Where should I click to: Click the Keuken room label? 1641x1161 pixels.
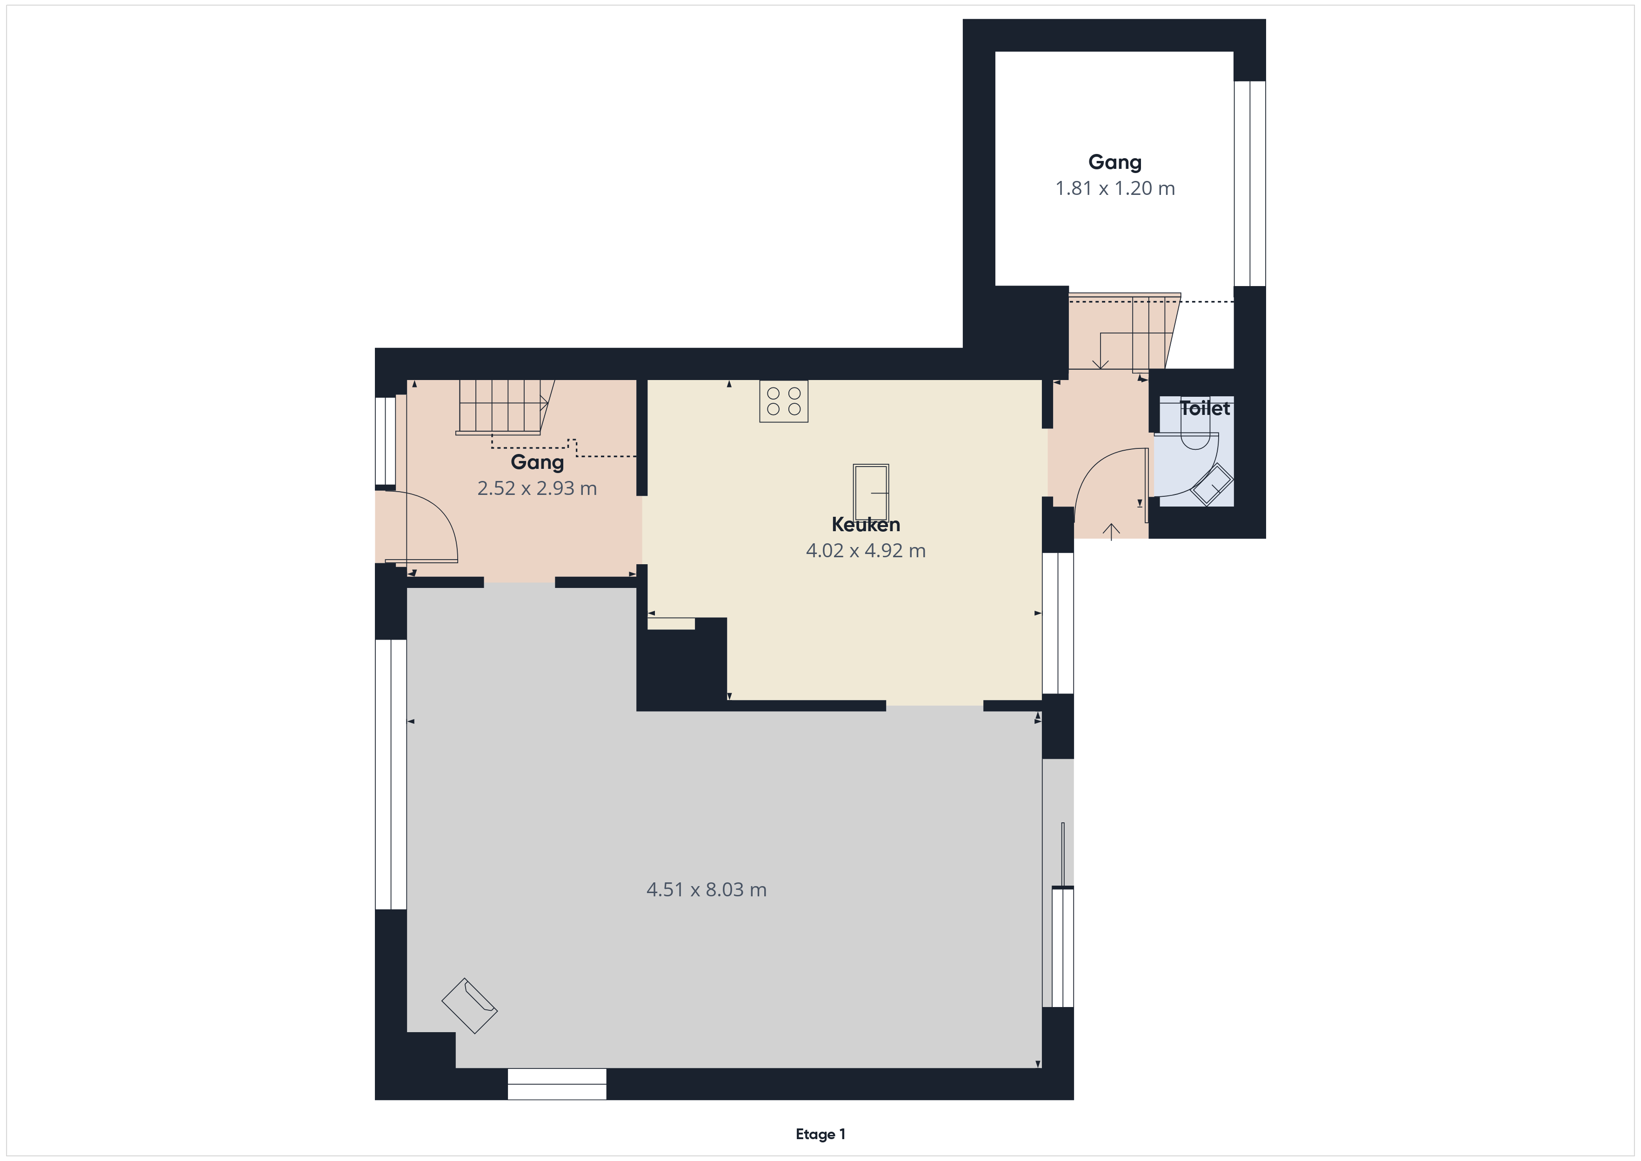click(866, 525)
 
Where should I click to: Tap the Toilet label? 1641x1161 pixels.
click(1205, 408)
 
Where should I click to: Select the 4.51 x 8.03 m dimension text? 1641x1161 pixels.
click(706, 889)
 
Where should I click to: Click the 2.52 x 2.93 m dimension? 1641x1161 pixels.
click(537, 488)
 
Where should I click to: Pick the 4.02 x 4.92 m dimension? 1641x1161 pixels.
click(866, 550)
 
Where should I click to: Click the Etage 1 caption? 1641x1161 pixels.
click(820, 1134)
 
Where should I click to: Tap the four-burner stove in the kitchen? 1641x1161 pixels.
click(783, 401)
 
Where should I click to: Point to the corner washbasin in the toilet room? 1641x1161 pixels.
click(1212, 485)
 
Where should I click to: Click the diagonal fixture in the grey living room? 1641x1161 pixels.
click(469, 1005)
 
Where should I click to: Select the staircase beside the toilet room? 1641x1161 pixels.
click(1124, 333)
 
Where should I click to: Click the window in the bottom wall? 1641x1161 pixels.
click(557, 1084)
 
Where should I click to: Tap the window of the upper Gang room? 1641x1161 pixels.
click(1249, 184)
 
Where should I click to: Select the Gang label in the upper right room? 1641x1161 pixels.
click(1115, 163)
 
